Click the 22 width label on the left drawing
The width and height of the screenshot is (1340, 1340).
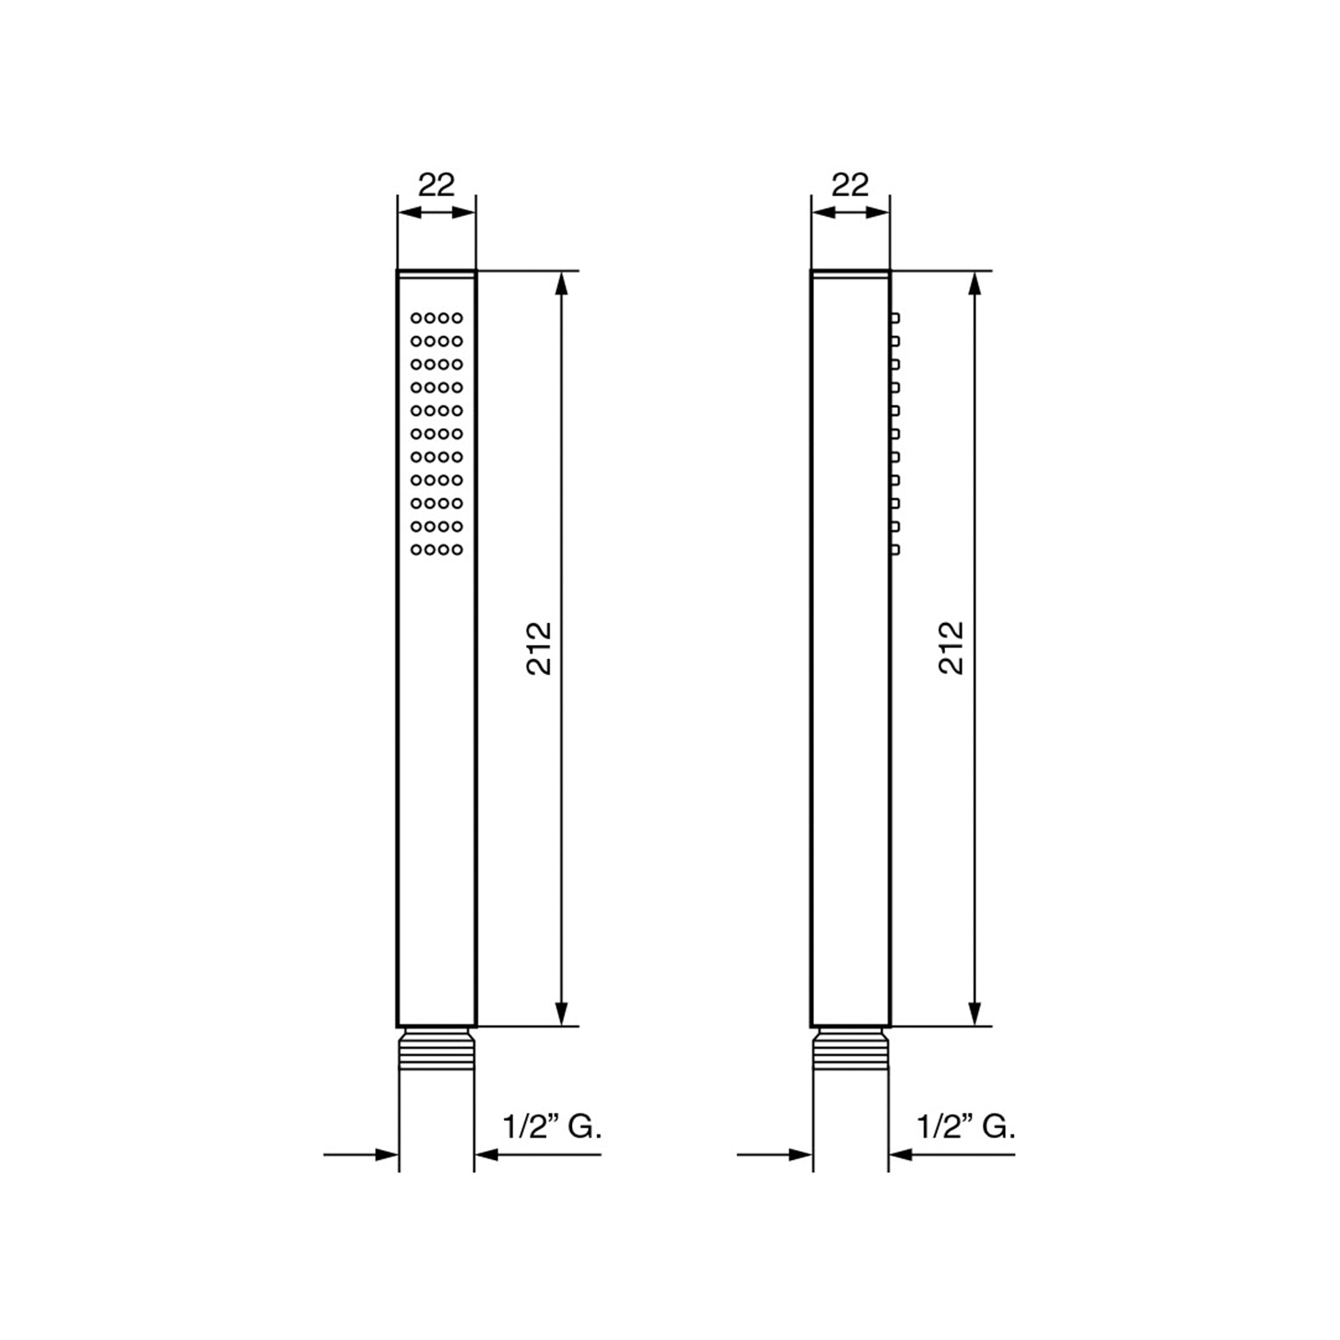pyautogui.click(x=436, y=184)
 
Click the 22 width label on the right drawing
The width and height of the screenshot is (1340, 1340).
pyautogui.click(x=850, y=184)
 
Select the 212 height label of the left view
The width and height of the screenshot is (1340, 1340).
pyautogui.click(x=539, y=647)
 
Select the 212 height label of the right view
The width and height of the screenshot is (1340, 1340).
pyautogui.click(x=952, y=647)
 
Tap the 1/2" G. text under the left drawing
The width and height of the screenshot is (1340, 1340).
pyautogui.click(x=552, y=1126)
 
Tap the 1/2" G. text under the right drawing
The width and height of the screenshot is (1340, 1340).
pyautogui.click(x=966, y=1126)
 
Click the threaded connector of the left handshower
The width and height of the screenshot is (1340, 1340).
pyautogui.click(x=436, y=1049)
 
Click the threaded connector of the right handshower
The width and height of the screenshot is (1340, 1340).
pyautogui.click(x=850, y=1049)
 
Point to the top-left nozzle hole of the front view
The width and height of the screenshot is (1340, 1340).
pyautogui.click(x=415, y=318)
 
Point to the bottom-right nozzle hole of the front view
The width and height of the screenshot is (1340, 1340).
pyautogui.click(x=457, y=549)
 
